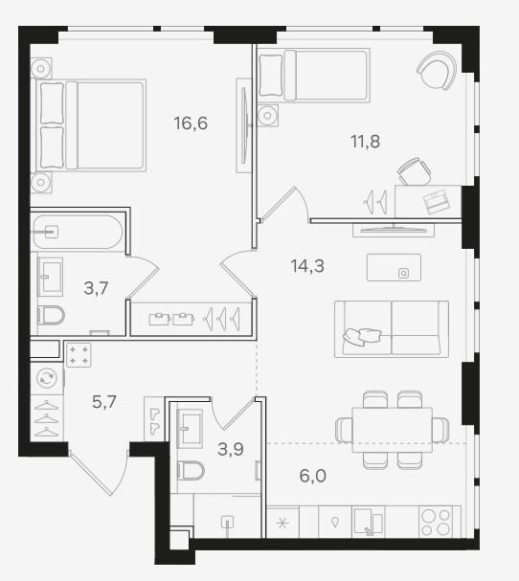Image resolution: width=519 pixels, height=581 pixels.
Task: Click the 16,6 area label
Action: (x=191, y=123)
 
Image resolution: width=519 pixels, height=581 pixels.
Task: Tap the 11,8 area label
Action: (x=365, y=141)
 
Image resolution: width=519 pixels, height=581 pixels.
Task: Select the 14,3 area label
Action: (x=307, y=266)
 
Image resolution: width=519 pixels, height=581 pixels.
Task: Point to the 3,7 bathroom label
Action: (x=96, y=288)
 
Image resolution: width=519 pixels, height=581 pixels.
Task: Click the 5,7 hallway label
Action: (x=104, y=402)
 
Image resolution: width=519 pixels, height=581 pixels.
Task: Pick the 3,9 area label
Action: (x=230, y=449)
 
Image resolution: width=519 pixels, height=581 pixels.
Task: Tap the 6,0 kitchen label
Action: (x=312, y=476)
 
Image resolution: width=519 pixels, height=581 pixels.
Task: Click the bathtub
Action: (x=78, y=232)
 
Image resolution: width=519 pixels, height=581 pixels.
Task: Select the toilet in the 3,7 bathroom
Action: (x=51, y=315)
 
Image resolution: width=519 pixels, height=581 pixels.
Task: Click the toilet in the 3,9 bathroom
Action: (x=191, y=471)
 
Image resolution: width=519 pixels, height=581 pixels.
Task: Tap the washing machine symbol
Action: (x=47, y=378)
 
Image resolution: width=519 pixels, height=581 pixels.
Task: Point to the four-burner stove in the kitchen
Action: (x=436, y=522)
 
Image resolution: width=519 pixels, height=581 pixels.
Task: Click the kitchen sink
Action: (x=368, y=522)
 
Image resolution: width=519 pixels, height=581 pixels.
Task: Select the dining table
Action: (x=393, y=430)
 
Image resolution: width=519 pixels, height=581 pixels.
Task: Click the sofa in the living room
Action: (x=392, y=329)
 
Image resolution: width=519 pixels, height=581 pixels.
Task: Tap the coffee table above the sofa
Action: (x=394, y=267)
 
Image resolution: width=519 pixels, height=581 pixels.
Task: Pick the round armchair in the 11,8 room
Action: (x=437, y=71)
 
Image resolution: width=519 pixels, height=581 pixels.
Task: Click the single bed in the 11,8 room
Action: (x=314, y=76)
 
